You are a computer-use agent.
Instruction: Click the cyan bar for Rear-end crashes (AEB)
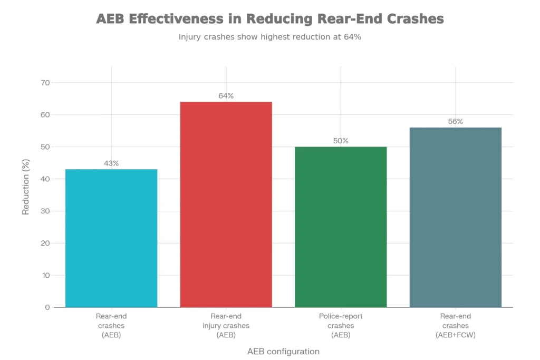click(111, 238)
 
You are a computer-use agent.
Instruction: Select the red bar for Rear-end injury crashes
click(226, 205)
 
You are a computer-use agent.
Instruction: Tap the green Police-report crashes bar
click(341, 227)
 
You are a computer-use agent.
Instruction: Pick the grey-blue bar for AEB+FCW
click(456, 217)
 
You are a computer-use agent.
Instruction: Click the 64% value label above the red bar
click(226, 96)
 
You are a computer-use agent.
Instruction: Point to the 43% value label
click(111, 163)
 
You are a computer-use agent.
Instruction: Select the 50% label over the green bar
click(341, 141)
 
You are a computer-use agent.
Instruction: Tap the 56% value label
click(456, 121)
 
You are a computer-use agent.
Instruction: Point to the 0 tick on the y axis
click(47, 307)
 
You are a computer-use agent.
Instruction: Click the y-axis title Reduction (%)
click(26, 195)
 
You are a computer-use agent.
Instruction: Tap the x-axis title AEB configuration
click(283, 351)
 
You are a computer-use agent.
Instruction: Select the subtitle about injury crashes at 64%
click(269, 37)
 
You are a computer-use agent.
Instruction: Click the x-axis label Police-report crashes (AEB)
click(341, 325)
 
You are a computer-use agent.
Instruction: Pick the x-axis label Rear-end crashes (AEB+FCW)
click(456, 325)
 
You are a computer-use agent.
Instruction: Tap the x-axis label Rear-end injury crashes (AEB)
click(226, 325)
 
